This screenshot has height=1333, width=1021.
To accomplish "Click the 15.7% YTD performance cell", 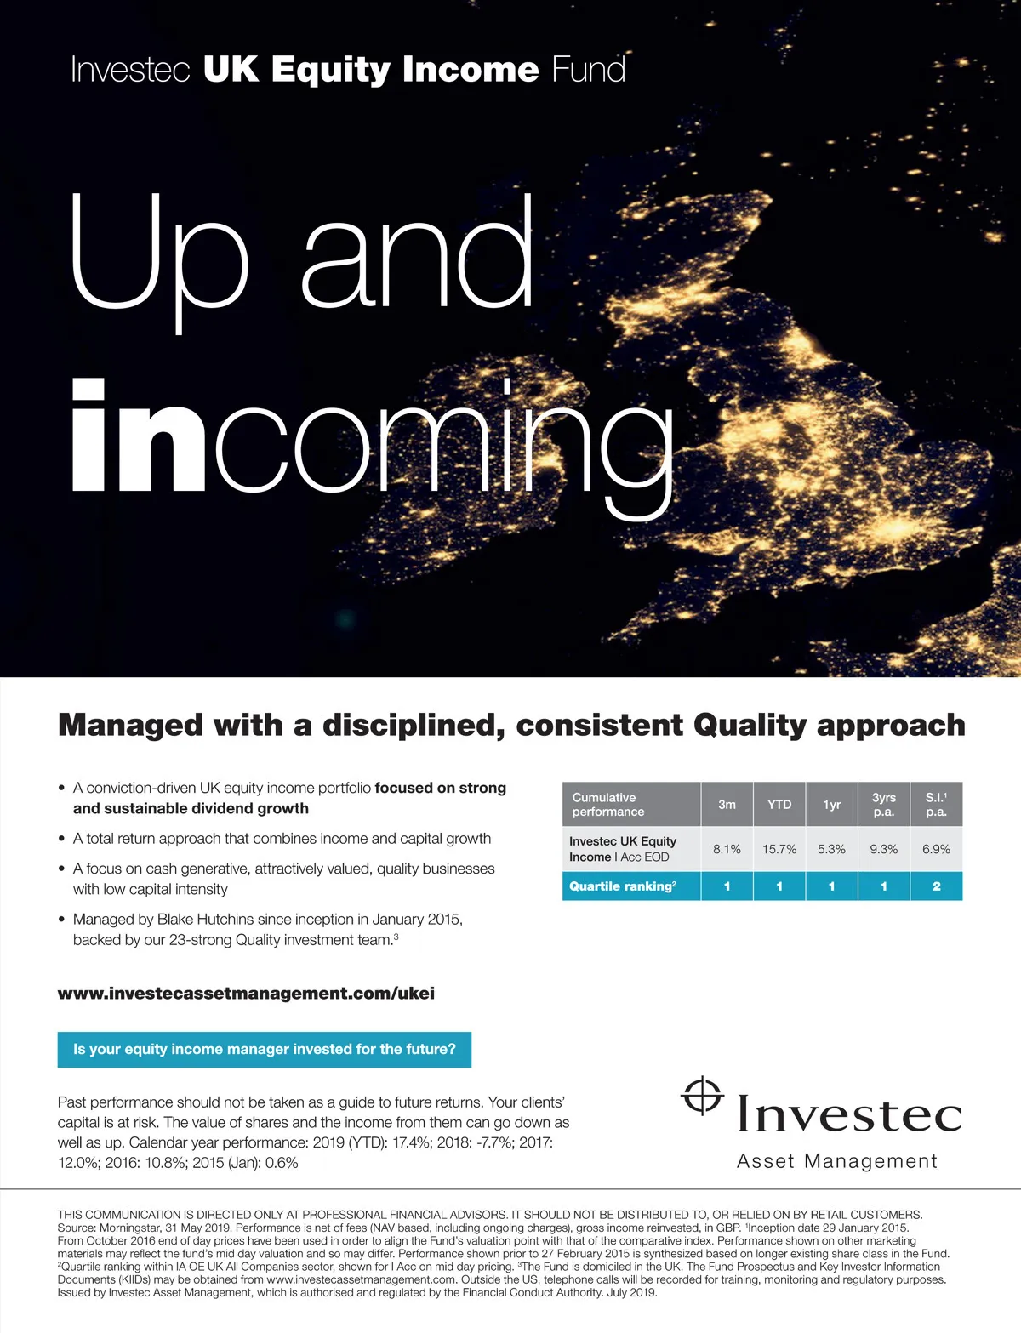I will click(779, 849).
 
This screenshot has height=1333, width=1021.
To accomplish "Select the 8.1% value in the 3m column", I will click(727, 849).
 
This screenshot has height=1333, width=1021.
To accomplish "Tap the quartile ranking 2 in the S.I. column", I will click(936, 886).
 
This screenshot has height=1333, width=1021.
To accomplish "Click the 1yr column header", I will click(831, 805).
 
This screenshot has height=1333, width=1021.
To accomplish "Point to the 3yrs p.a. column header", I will click(884, 805).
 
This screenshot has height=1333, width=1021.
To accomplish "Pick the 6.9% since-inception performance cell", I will click(936, 849).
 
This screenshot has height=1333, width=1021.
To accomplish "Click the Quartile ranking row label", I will click(623, 886).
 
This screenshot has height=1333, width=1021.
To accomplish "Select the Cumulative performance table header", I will click(607, 805).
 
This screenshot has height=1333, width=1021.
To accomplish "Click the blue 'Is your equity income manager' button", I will click(264, 1050).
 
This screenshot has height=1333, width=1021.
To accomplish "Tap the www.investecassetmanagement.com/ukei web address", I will click(246, 994).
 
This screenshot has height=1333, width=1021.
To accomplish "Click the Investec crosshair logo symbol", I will click(702, 1096).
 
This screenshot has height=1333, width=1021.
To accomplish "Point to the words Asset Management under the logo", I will click(837, 1162).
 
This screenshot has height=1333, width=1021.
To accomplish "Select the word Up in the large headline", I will click(159, 255).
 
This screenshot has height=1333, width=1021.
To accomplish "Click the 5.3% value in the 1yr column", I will click(831, 849).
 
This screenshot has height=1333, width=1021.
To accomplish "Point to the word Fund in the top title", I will click(588, 70).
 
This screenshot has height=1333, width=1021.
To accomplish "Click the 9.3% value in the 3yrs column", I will click(884, 849).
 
